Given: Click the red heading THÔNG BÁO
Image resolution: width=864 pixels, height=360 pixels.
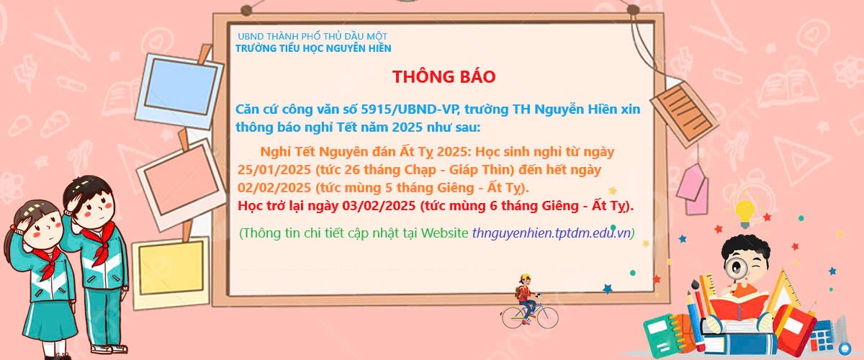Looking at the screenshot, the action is point(444,76).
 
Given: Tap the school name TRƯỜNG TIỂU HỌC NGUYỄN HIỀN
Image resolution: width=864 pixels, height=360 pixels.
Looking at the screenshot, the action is point(313,48).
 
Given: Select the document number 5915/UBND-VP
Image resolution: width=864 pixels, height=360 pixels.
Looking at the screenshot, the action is point(409,109).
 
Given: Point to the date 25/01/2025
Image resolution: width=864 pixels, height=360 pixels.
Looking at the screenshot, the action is point(274,170).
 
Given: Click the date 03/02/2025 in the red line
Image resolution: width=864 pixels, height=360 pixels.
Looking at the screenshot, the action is point(379,206).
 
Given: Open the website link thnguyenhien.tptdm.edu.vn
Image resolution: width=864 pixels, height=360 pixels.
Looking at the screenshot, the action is point(552,233).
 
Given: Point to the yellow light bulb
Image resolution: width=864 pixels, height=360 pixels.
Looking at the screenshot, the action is point(744,213).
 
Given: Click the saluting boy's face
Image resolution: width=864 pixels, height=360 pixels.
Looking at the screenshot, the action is point(94,207).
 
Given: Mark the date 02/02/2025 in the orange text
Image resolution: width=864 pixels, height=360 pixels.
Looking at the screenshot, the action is point(274,188).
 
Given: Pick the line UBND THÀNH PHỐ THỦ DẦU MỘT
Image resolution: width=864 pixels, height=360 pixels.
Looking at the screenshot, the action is point(312,36).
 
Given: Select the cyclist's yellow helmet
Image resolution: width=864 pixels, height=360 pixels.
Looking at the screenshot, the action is point(526,277).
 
